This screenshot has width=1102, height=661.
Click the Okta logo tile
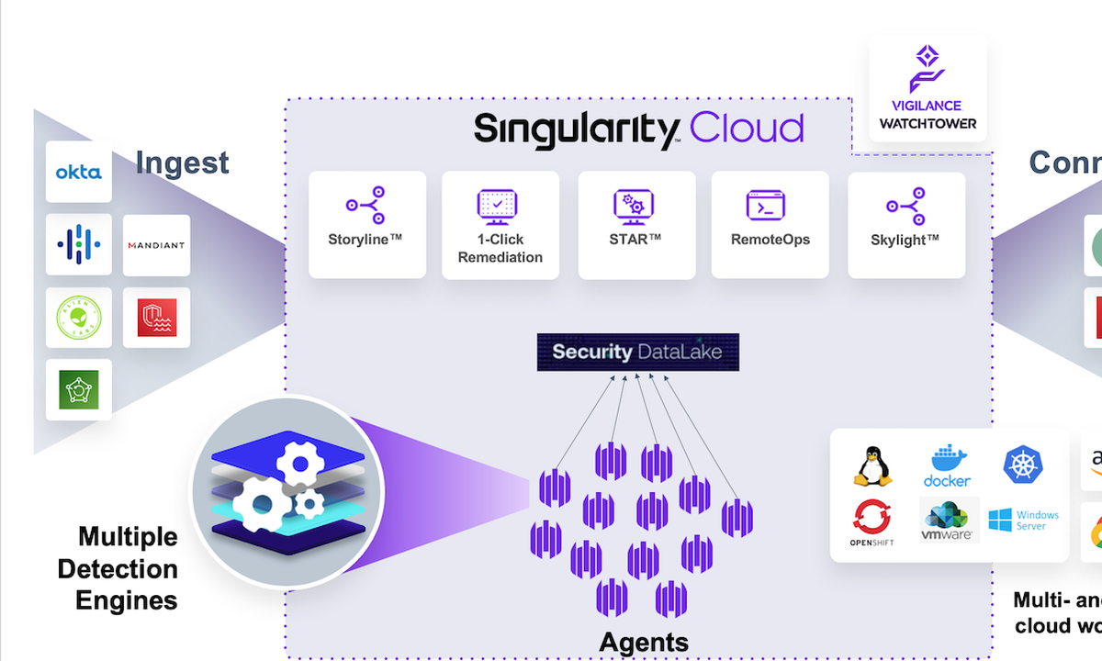pyautogui.click(x=79, y=172)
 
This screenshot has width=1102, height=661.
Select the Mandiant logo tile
pyautogui.click(x=156, y=245)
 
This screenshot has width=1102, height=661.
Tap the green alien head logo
pyautogui.click(x=79, y=318)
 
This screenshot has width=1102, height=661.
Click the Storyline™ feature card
pyautogui.click(x=366, y=224)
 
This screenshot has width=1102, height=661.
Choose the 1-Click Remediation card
pyautogui.click(x=500, y=224)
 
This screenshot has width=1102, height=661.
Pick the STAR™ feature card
pyautogui.click(x=635, y=224)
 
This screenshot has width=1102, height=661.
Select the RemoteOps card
pyautogui.click(x=770, y=224)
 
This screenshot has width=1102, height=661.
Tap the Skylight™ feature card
pyautogui.click(x=905, y=224)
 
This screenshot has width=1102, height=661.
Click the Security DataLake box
pyautogui.click(x=637, y=352)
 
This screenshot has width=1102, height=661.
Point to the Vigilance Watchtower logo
pyautogui.click(x=928, y=89)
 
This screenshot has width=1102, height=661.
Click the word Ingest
pyautogui.click(x=183, y=163)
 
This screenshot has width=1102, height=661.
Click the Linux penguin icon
pyautogui.click(x=872, y=466)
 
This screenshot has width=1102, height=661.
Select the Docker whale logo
pyautogui.click(x=947, y=466)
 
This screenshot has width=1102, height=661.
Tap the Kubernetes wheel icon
pyautogui.click(x=1023, y=465)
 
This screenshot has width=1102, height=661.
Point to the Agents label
pyautogui.click(x=644, y=642)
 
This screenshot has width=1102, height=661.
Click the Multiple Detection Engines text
pyautogui.click(x=118, y=568)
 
